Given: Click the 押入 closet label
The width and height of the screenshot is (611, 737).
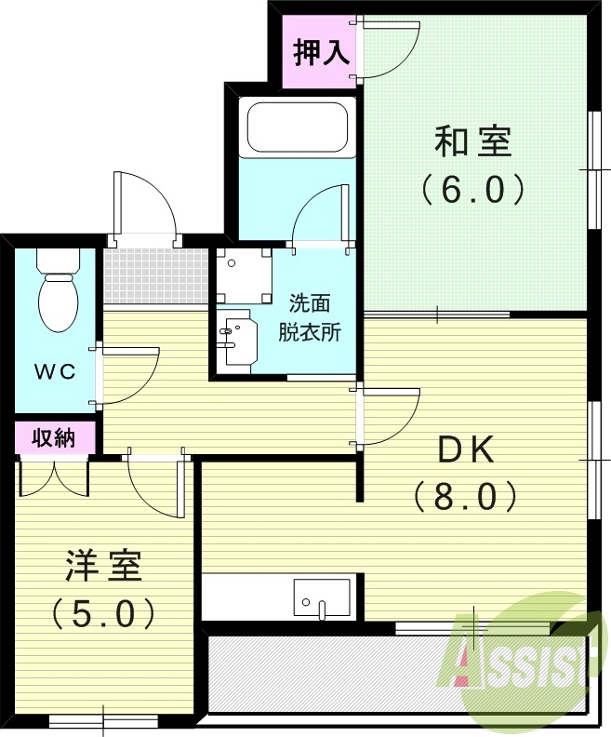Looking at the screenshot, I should pyautogui.click(x=321, y=53).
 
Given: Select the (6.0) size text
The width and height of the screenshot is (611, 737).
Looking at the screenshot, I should pyautogui.click(x=472, y=189).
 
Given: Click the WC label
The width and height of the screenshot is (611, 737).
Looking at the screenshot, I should pyautogui.click(x=56, y=371).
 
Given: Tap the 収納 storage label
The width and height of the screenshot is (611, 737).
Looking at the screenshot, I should pyautogui.click(x=54, y=436).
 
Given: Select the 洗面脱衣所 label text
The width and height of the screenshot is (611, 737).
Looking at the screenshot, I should pyautogui.click(x=309, y=317).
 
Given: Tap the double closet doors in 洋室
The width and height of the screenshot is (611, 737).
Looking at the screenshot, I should pyautogui.click(x=54, y=476).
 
